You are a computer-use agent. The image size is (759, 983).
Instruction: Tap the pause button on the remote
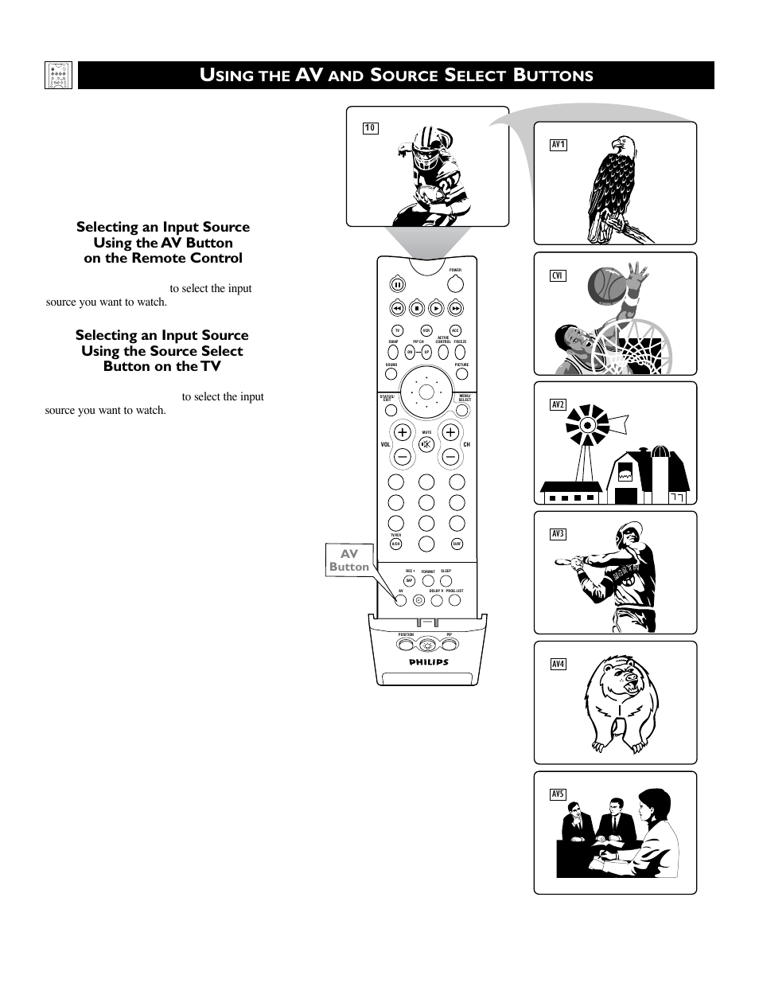(x=396, y=284)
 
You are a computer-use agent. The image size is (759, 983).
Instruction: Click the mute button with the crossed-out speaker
(x=426, y=444)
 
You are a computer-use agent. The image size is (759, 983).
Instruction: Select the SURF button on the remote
(x=457, y=544)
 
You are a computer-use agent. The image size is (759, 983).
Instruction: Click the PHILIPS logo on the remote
(x=429, y=662)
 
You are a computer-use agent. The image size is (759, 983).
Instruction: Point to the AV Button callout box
(x=349, y=560)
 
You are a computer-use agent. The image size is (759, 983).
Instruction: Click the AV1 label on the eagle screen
(x=558, y=145)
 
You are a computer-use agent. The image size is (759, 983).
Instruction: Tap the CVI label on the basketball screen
(x=558, y=275)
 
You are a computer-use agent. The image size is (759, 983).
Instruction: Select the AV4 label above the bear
(x=558, y=664)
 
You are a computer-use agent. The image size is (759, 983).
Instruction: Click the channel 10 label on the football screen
(x=370, y=128)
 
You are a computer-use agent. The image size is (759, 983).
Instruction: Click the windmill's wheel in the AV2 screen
(x=588, y=424)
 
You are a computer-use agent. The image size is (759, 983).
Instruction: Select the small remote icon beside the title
(x=59, y=76)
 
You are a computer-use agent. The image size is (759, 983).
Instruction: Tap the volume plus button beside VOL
(x=402, y=432)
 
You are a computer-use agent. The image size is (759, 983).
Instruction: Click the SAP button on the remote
(x=409, y=581)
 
